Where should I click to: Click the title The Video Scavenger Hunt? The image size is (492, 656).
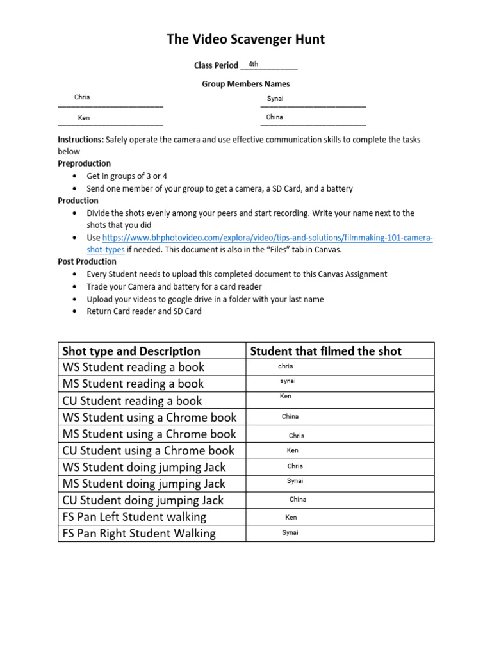245,40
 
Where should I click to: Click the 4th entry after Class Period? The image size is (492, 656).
254,64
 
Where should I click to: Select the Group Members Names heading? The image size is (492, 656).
245,84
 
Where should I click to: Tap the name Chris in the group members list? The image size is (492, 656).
82,97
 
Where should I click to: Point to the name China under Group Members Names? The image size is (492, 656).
275,117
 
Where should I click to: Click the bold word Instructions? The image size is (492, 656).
81,139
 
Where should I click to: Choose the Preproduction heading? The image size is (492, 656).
84,163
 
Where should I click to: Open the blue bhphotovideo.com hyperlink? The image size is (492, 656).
267,238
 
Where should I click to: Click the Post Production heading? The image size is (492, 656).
87,261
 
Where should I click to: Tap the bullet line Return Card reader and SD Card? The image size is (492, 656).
144,311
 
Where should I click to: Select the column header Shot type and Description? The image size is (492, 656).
131,351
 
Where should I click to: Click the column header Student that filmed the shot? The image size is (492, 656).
325,351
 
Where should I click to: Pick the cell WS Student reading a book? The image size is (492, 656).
133,367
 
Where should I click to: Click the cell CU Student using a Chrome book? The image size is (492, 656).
149,450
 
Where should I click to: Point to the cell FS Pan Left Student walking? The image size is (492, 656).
135,517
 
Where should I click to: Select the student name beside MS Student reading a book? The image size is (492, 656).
288,381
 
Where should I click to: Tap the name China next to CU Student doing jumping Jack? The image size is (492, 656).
298,499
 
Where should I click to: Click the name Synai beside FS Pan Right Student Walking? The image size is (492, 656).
290,532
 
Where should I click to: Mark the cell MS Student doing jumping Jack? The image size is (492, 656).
144,484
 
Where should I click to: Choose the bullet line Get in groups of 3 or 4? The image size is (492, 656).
127,176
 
